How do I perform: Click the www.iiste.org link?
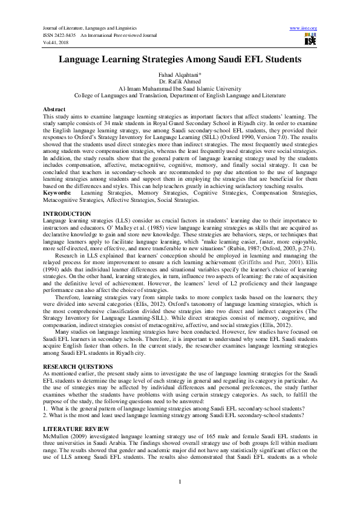pyautogui.click(x=304, y=28)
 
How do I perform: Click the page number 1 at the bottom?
pyautogui.click(x=180, y=481)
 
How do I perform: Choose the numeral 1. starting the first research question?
pyautogui.click(x=45, y=409)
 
